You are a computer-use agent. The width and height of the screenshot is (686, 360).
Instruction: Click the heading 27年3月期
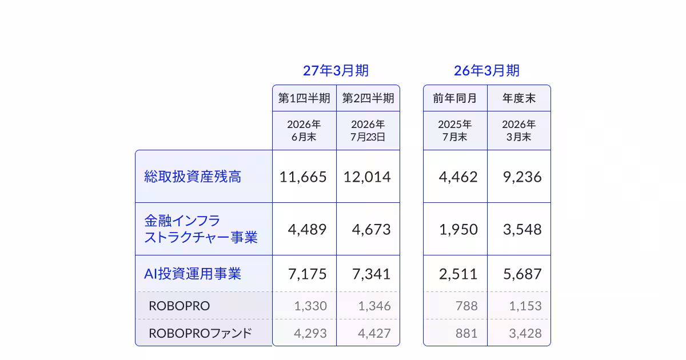tap(336, 71)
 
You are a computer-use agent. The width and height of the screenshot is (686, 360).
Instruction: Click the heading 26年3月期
tap(487, 71)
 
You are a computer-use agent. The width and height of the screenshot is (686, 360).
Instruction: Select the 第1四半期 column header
tap(304, 98)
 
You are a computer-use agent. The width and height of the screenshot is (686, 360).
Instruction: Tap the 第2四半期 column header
tap(368, 98)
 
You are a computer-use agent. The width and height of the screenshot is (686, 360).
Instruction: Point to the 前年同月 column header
tap(455, 98)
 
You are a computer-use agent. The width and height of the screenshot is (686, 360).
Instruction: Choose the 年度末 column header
tap(519, 98)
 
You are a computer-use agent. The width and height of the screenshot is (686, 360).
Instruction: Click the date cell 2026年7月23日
tap(368, 131)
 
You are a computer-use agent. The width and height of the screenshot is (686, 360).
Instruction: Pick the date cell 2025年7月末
tap(455, 131)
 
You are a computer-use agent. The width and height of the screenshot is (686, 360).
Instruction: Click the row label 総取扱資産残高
tap(193, 177)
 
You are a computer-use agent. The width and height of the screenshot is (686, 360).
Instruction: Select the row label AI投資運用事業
tap(193, 274)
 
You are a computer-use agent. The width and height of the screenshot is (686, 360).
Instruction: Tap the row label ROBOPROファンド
tap(200, 333)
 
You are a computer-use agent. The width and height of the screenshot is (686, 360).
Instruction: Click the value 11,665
tap(303, 177)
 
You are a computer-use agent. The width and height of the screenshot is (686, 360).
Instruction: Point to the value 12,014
tap(367, 177)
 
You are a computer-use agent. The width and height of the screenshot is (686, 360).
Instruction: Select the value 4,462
tap(458, 177)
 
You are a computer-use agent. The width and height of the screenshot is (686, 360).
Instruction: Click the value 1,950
tap(458, 230)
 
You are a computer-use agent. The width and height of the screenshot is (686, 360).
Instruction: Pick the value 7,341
tap(371, 274)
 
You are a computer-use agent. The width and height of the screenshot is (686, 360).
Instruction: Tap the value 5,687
tap(523, 274)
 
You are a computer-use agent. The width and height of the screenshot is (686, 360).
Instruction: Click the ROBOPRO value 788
tap(466, 306)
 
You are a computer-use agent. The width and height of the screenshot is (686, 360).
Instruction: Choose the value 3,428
tap(525, 333)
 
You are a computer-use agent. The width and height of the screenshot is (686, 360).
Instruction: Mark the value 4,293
tap(310, 333)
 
